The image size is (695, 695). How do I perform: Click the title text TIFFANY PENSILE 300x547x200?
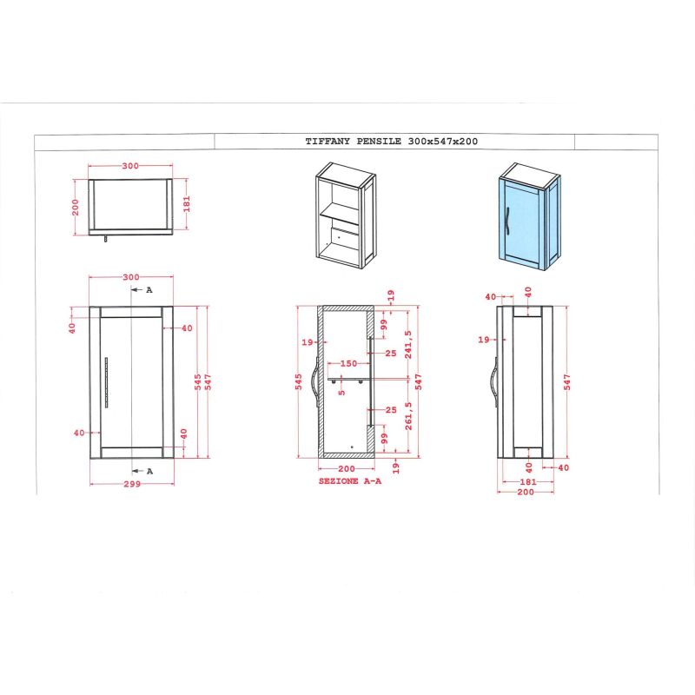(x=392, y=142)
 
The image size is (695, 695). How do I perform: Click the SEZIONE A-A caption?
(x=350, y=481)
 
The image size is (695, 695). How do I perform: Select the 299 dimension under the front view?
(x=132, y=484)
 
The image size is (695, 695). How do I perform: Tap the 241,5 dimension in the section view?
(x=408, y=344)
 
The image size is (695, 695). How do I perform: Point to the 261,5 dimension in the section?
(x=408, y=416)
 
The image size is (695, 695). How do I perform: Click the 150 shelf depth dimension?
(x=348, y=363)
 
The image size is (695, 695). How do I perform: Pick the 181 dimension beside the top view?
(x=187, y=204)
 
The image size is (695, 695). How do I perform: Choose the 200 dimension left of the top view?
(x=76, y=208)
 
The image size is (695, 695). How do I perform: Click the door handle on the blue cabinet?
(x=507, y=221)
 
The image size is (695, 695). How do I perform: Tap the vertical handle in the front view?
(x=106, y=382)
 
